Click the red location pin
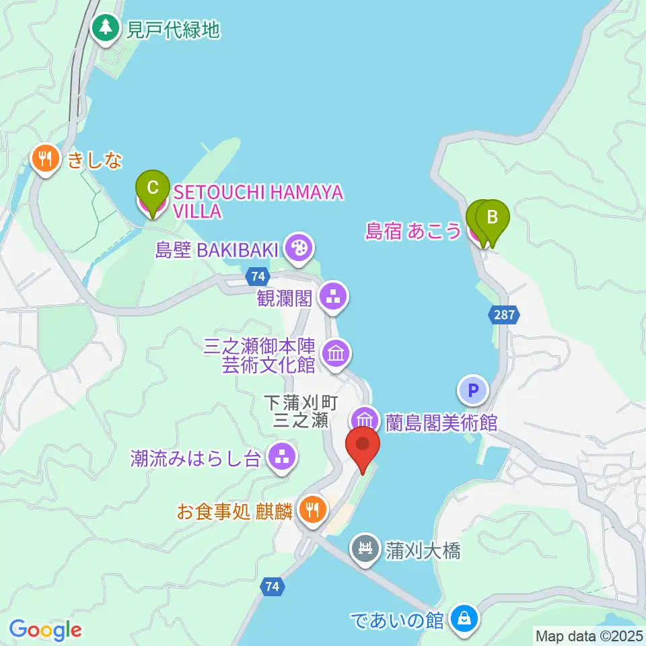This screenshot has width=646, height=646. [x=363, y=445]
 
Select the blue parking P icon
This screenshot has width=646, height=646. [x=473, y=390]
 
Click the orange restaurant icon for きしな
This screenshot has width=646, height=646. [x=46, y=159]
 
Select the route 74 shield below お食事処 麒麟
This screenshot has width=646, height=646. [x=272, y=587]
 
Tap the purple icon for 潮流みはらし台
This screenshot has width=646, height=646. [x=281, y=458]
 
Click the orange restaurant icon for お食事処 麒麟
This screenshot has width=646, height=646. [x=312, y=509]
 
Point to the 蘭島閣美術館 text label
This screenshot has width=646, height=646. [x=441, y=423]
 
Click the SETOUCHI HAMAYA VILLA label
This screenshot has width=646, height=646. [x=258, y=201]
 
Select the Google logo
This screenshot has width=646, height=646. [x=45, y=629]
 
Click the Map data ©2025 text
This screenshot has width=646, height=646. [x=589, y=635]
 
